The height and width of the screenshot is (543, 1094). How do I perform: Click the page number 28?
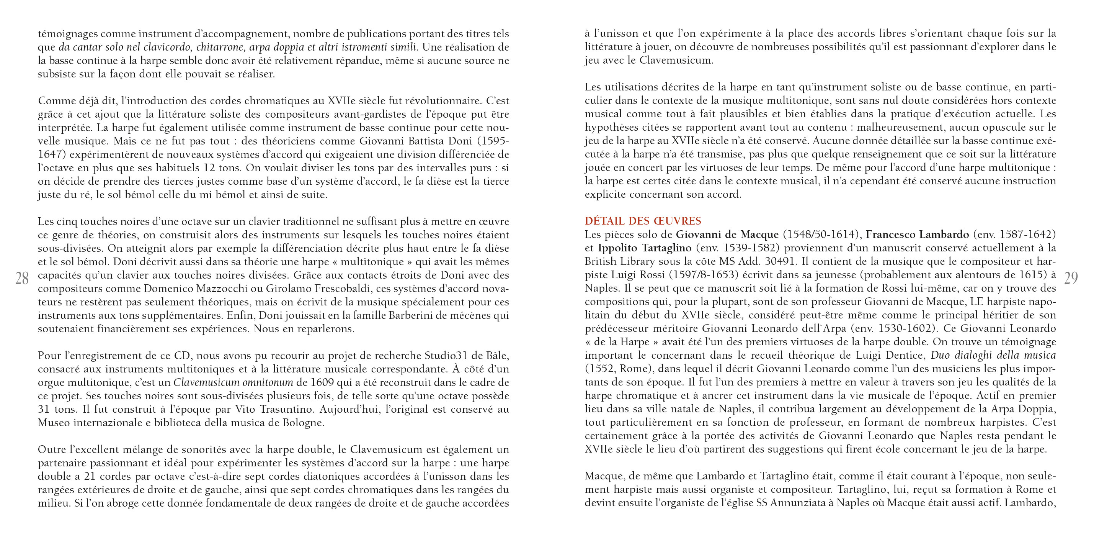click(22, 279)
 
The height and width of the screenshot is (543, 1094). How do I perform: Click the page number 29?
click(1071, 279)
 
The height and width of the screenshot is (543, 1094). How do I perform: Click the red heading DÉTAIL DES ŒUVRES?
click(643, 221)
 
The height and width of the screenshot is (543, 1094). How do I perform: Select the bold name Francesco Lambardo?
click(917, 234)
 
